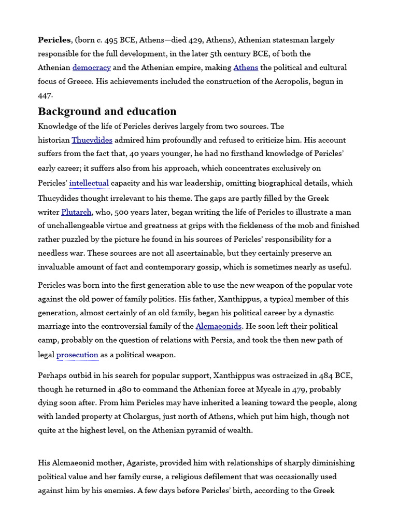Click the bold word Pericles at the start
[x=54, y=40]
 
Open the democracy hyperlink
[x=91, y=67]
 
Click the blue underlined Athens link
[x=246, y=67]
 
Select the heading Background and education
[x=107, y=111]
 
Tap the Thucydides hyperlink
[x=92, y=140]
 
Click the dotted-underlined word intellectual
[x=89, y=183]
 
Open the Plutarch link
[x=76, y=212]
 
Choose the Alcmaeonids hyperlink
[x=218, y=326]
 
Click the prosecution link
[x=77, y=355]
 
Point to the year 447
[x=45, y=95]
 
